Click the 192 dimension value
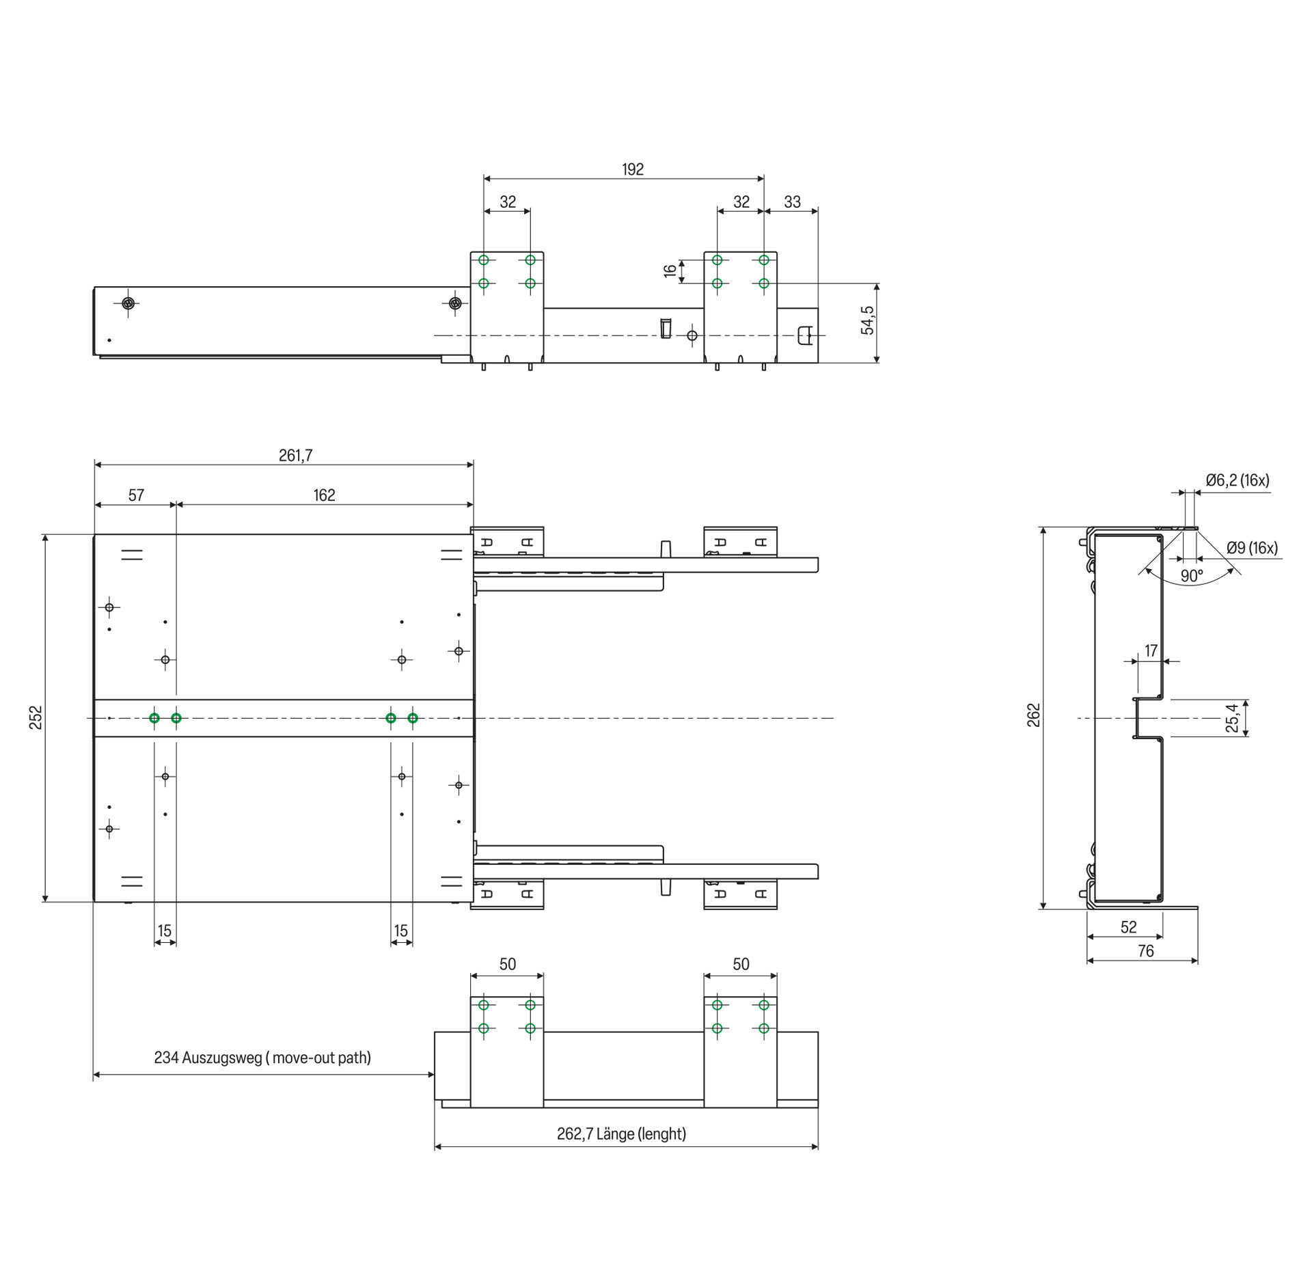(x=633, y=169)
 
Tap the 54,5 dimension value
(x=868, y=320)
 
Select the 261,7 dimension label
(x=295, y=455)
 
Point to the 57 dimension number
(x=136, y=495)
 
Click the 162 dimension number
(x=324, y=495)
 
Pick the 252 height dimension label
(x=36, y=717)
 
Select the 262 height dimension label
(x=1033, y=715)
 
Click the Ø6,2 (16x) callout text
(x=1238, y=480)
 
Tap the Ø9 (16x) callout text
(x=1252, y=547)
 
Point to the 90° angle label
(x=1192, y=576)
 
